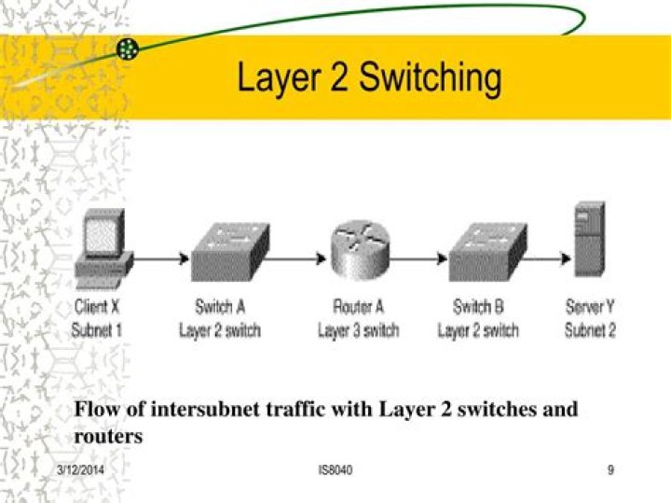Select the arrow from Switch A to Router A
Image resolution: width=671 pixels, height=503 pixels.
[297, 259]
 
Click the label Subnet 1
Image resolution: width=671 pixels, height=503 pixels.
[97, 329]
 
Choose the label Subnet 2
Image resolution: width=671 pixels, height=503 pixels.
[590, 329]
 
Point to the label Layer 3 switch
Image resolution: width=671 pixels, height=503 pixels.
[359, 329]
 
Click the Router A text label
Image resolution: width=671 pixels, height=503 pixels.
[359, 307]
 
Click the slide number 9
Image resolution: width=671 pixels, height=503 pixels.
[610, 470]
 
